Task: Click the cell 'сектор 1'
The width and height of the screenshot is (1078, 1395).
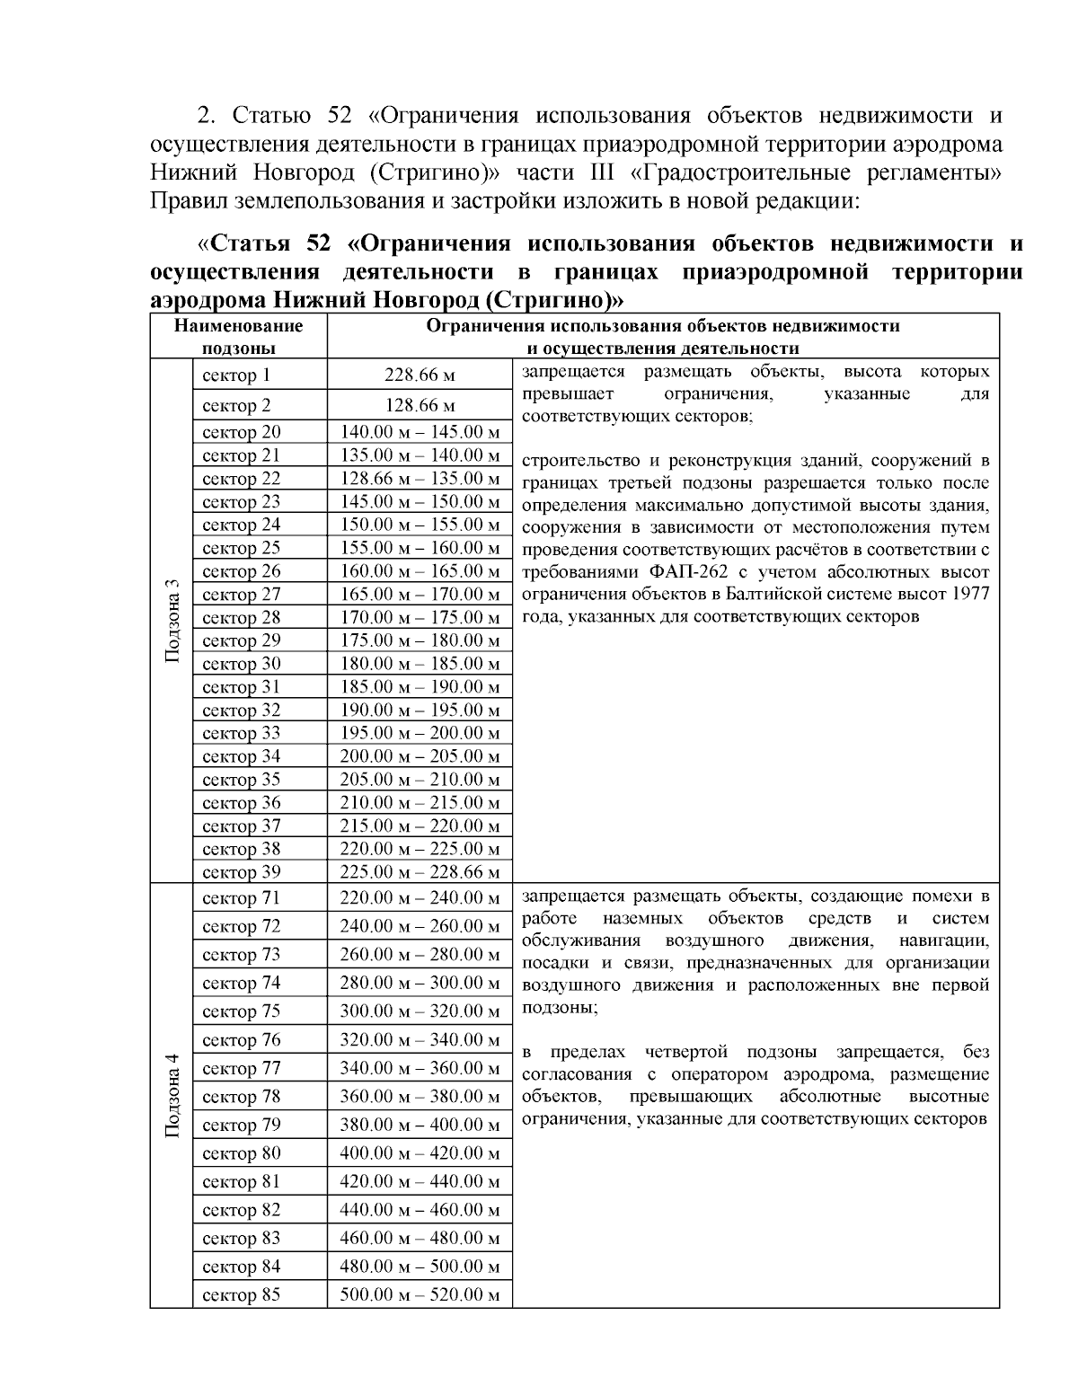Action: pos(236,375)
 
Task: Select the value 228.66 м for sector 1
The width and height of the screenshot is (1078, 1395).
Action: pos(420,375)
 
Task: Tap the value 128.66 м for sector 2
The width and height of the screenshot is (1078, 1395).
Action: pos(420,405)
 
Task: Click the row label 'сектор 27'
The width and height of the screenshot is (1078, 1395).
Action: pos(242,595)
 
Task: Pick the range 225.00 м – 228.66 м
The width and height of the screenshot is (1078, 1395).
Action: pos(420,872)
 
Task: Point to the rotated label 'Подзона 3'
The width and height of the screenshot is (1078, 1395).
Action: pos(172,620)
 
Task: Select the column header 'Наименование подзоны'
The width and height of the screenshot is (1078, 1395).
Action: pos(238,337)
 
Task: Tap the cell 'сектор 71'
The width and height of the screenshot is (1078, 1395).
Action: pos(242,898)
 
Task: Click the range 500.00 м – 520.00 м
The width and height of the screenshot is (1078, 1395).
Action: pos(420,1295)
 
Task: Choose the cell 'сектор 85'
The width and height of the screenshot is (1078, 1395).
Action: pos(242,1295)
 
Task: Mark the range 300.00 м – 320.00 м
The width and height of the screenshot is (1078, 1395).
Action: pos(420,1011)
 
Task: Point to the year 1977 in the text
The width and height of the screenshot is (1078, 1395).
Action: pos(971,595)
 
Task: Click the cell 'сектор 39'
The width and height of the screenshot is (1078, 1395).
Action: pos(242,872)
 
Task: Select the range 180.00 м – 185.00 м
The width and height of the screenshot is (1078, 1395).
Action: pos(420,664)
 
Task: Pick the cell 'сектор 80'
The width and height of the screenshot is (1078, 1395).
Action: pos(242,1153)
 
